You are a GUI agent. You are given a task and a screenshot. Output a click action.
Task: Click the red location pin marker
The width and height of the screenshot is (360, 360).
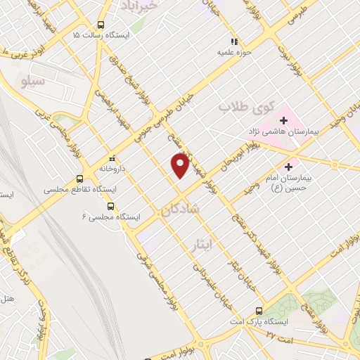[x=180, y=165]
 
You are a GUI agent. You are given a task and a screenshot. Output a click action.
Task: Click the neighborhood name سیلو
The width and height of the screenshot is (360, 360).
[x=34, y=82]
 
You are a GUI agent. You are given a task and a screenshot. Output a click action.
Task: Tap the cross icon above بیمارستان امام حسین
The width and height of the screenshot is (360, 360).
[x=289, y=167]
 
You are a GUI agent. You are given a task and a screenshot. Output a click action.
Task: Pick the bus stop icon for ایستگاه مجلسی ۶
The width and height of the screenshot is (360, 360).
[x=111, y=206]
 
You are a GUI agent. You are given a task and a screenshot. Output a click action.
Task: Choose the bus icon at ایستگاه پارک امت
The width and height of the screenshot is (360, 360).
[x=259, y=310]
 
